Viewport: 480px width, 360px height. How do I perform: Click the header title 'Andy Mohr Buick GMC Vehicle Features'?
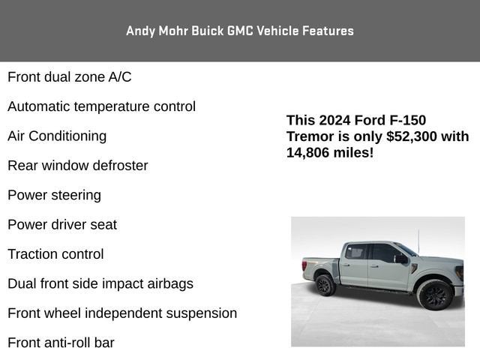240,31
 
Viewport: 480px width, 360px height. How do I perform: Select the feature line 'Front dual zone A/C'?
69,76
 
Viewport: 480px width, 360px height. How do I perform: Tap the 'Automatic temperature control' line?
101,106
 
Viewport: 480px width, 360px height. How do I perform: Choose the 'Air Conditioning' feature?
57,136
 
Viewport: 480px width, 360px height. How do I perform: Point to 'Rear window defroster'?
77,165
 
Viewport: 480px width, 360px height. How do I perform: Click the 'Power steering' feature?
54,195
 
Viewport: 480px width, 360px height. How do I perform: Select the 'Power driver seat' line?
62,224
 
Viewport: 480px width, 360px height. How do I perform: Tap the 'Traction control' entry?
55,254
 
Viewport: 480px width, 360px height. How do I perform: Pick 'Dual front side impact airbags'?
100,283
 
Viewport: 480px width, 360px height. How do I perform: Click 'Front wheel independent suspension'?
122,313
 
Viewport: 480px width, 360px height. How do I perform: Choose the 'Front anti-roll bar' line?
61,343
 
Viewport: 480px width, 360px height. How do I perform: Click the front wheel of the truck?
435,294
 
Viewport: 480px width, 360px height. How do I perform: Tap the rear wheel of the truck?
324,284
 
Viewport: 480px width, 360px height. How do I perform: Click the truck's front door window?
384,253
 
